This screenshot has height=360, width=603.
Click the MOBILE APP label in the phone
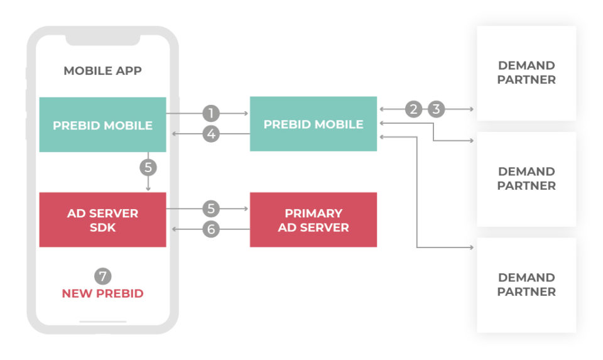coord(102,70)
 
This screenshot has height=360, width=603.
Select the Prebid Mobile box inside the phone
coord(102,124)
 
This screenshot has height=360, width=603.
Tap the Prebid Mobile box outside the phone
coord(313,124)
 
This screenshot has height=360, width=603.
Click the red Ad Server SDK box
coord(102,219)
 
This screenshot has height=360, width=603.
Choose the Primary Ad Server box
coord(313,219)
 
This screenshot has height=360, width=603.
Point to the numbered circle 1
coord(211,113)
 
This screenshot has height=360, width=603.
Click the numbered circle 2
coord(413,109)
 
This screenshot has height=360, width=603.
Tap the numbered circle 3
coord(436,109)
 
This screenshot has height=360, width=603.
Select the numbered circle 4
coord(211,134)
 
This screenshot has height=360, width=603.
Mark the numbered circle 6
coord(211,229)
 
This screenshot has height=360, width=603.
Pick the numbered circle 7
coord(102,275)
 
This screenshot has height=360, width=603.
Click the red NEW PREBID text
coord(102,293)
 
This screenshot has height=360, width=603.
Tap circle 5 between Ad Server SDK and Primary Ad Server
coord(211,209)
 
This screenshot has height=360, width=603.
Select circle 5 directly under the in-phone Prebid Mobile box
coord(148,168)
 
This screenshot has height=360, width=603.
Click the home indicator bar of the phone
coord(102,322)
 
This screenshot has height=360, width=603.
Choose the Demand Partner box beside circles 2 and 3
coord(526,73)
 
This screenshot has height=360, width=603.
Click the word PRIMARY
coord(313,213)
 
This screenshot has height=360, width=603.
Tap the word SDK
coord(102,227)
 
